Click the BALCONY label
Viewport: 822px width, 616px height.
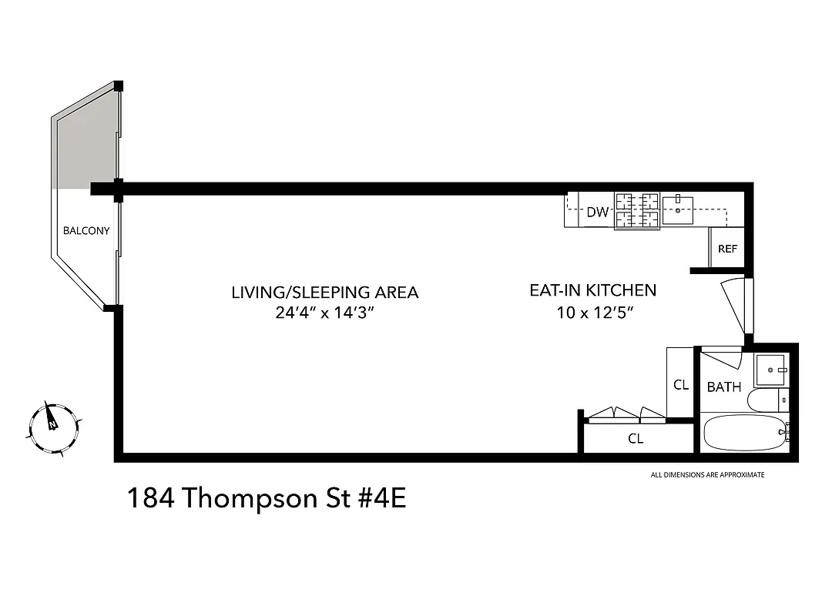(86, 230)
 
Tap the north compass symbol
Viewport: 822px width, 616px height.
(52, 426)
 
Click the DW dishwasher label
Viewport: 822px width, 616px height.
(598, 213)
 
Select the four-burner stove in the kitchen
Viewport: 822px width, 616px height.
(636, 211)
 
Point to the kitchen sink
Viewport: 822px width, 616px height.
(678, 209)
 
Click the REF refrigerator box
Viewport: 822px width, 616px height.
(727, 249)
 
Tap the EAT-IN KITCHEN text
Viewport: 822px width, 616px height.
(592, 290)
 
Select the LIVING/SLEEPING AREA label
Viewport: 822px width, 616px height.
(324, 293)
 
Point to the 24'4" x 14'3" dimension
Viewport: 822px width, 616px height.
(324, 313)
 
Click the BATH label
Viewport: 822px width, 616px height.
(723, 387)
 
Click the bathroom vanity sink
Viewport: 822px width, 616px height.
(770, 370)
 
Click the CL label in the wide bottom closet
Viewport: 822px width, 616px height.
(635, 439)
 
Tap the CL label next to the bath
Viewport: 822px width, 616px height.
(680, 384)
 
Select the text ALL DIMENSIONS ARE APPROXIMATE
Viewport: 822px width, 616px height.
(707, 475)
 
